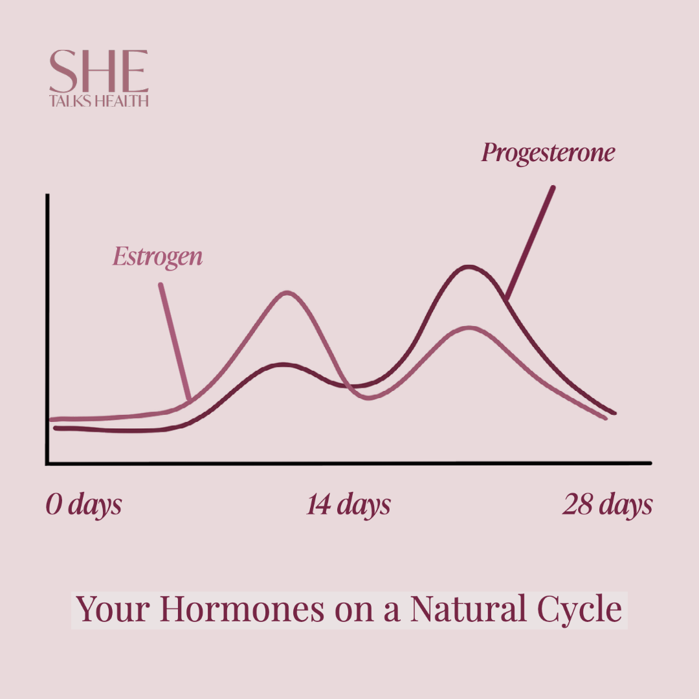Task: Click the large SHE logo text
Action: (x=98, y=71)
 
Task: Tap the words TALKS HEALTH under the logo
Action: (x=98, y=101)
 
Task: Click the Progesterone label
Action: (x=548, y=153)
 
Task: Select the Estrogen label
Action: (x=157, y=257)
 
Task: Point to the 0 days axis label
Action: (x=83, y=505)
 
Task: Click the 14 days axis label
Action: (x=348, y=505)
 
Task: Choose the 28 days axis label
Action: (x=607, y=505)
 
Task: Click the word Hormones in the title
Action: (x=242, y=609)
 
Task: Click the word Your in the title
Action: (x=113, y=609)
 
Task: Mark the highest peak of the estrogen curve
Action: (x=287, y=293)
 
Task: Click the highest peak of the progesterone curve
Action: (x=468, y=268)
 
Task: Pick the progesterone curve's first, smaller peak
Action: (x=283, y=365)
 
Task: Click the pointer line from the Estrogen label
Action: (x=175, y=342)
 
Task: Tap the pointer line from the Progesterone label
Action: (x=530, y=243)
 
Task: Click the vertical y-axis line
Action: (x=47, y=329)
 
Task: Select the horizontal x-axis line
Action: (x=349, y=463)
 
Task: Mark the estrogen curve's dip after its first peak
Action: (x=368, y=397)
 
